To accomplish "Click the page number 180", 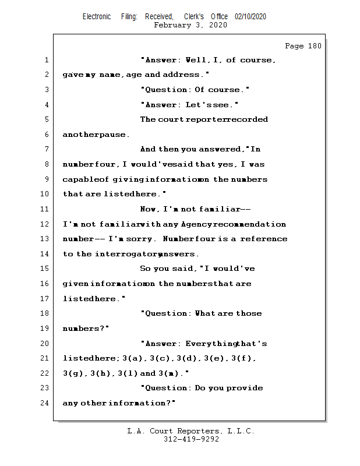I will (313, 46).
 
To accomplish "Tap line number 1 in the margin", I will (46, 60).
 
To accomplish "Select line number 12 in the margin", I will (44, 224).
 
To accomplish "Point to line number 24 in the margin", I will (44, 403).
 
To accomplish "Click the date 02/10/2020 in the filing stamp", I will (250, 17).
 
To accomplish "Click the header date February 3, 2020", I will (190, 25).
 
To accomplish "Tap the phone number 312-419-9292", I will (191, 439).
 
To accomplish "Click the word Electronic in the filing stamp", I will (97, 17).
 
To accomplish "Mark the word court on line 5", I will (171, 119).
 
